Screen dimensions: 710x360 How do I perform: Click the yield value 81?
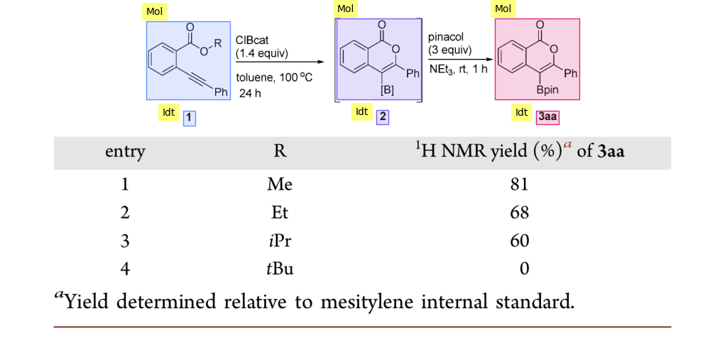pyautogui.click(x=519, y=184)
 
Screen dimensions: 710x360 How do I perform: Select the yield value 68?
pyautogui.click(x=519, y=212)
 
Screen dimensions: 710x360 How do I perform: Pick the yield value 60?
pyautogui.click(x=519, y=241)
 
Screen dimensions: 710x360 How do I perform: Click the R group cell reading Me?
pyautogui.click(x=280, y=184)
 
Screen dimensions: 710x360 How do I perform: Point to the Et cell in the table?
pyautogui.click(x=280, y=212)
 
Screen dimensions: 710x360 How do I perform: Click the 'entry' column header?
pyautogui.click(x=125, y=152)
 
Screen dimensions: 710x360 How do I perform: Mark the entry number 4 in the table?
pyautogui.click(x=125, y=269)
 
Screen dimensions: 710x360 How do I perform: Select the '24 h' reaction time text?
pyautogui.click(x=251, y=92)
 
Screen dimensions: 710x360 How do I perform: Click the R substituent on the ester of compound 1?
pyautogui.click(x=218, y=42)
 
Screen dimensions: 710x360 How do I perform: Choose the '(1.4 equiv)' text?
pyautogui.click(x=261, y=53)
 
